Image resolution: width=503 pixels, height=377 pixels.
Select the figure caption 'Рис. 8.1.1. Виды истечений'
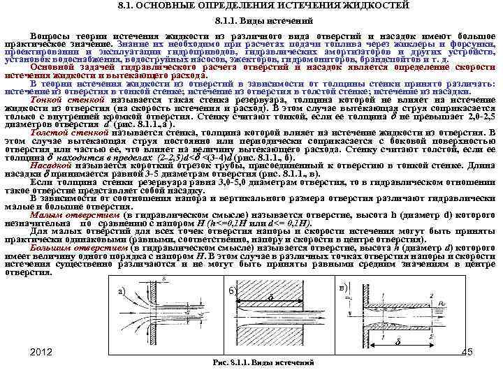tap(263, 363)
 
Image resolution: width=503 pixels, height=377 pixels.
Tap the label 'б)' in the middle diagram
tap(233, 290)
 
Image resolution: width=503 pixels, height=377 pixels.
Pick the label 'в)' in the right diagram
tap(342, 288)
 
